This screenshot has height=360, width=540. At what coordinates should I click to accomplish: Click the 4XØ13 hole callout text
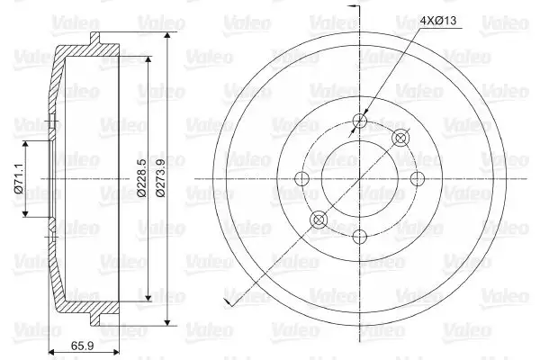point(438,21)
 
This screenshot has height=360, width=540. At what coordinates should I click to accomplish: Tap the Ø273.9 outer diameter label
point(160,178)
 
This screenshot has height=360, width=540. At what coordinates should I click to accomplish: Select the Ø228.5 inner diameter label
point(141,178)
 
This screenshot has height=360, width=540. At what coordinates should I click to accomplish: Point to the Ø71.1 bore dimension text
point(18,179)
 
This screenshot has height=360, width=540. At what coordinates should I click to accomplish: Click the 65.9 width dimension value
point(82,346)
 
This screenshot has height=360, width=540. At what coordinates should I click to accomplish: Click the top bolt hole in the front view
point(359,121)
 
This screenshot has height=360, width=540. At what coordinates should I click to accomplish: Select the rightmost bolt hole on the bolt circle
point(418,178)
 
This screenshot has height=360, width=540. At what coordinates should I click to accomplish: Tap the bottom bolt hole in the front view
point(359,237)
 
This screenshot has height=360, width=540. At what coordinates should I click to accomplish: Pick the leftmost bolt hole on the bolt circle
point(302,178)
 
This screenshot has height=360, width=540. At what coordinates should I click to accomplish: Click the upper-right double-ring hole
point(400,138)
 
